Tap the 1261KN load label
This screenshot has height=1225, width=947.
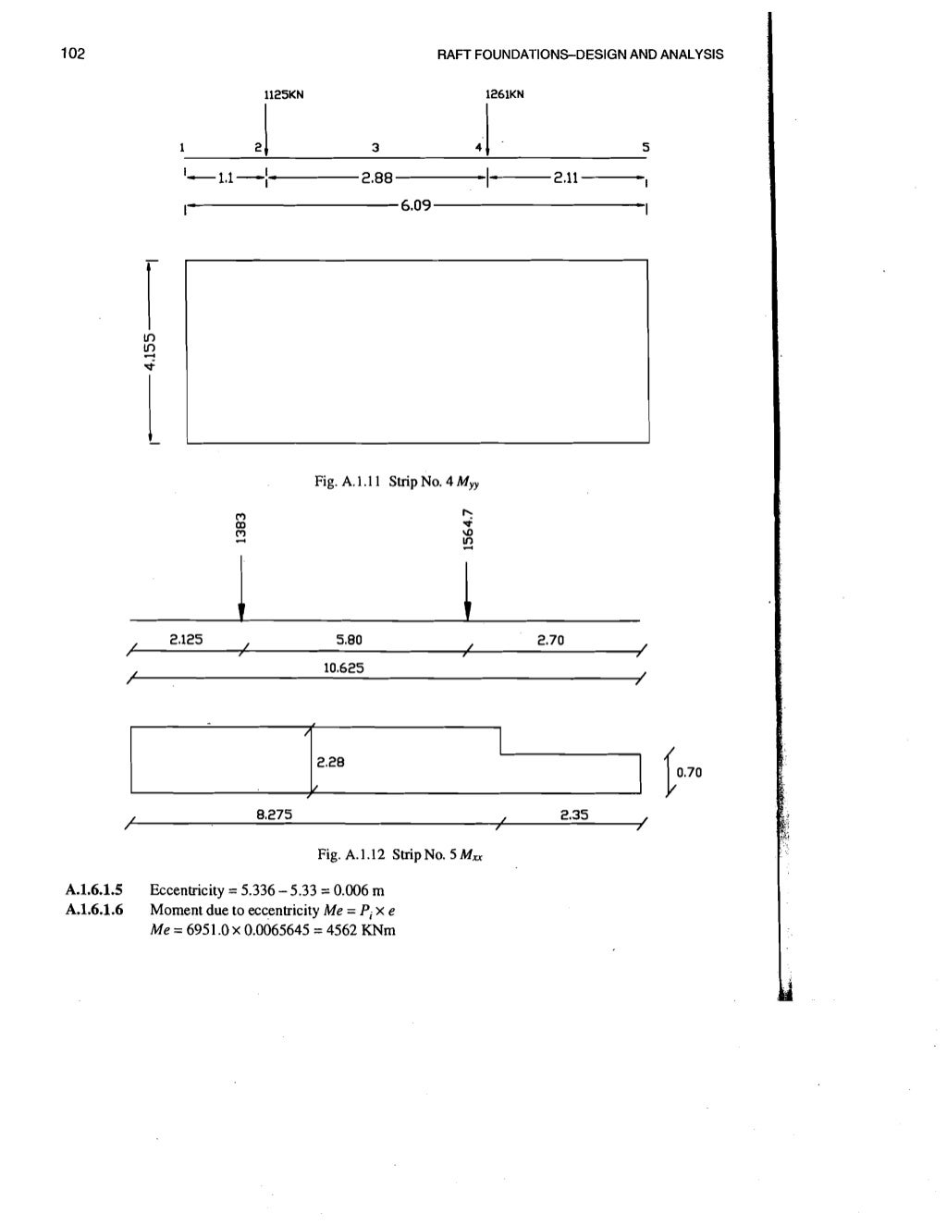[505, 94]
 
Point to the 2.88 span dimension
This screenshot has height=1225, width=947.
[377, 178]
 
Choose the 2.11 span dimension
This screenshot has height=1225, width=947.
[566, 178]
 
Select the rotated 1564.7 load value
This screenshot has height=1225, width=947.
[468, 528]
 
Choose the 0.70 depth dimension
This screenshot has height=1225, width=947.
[690, 772]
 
